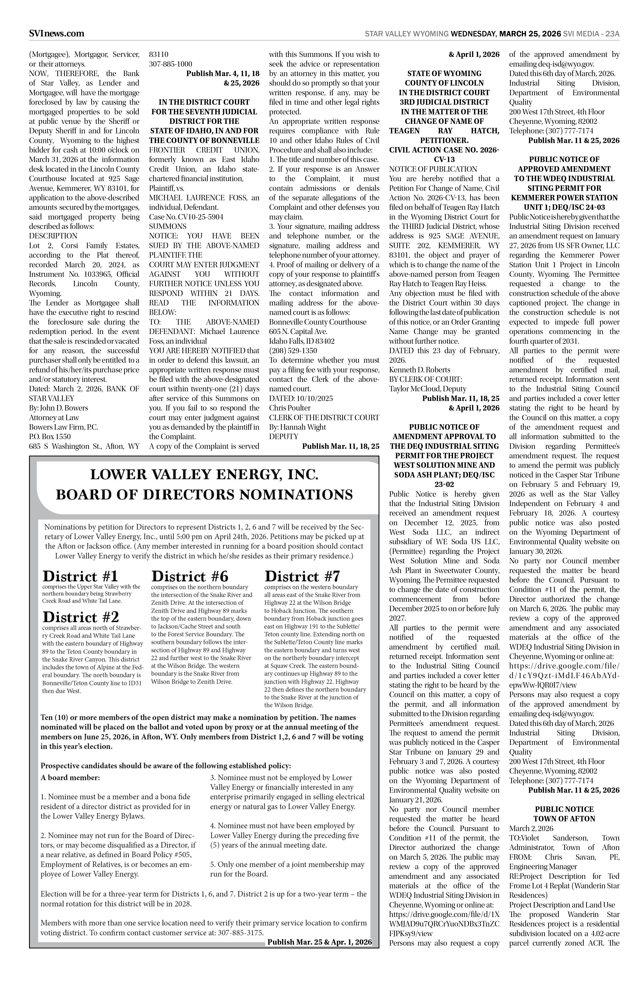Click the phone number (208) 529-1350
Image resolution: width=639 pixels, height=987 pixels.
tap(293, 350)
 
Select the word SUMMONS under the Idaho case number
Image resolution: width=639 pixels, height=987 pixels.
tap(168, 226)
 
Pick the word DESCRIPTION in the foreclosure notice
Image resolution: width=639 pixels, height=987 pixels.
tap(53, 236)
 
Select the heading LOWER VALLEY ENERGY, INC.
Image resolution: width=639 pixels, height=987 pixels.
tap(204, 474)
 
